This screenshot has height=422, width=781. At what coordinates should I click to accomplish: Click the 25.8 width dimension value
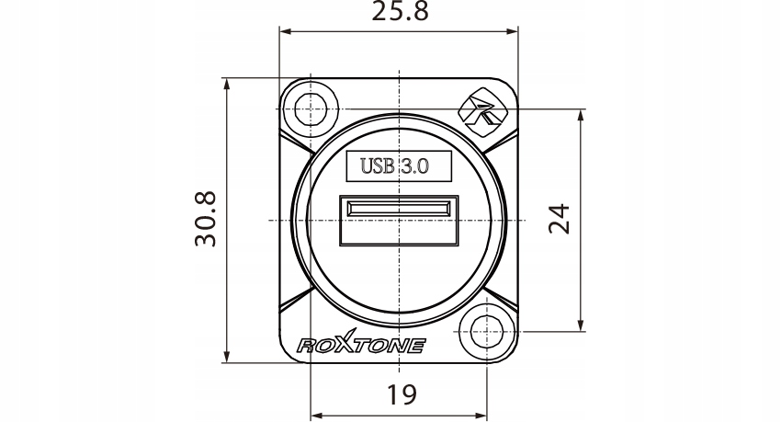pos(400,11)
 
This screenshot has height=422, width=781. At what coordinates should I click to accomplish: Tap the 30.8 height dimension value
pos(206,219)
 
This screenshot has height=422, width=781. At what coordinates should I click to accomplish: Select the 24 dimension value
pos(559,219)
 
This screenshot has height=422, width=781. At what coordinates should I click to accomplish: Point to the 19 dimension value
pos(402,394)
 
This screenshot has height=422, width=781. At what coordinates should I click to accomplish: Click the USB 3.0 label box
pos(399,165)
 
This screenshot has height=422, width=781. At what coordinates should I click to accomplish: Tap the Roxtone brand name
pos(361,343)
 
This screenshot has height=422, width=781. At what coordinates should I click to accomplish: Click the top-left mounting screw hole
pos(310,109)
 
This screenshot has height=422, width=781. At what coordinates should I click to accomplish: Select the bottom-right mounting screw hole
pos(486,331)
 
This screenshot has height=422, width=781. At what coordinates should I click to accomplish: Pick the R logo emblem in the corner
pos(482,112)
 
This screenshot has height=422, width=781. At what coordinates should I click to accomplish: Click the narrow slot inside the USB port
pos(399,208)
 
